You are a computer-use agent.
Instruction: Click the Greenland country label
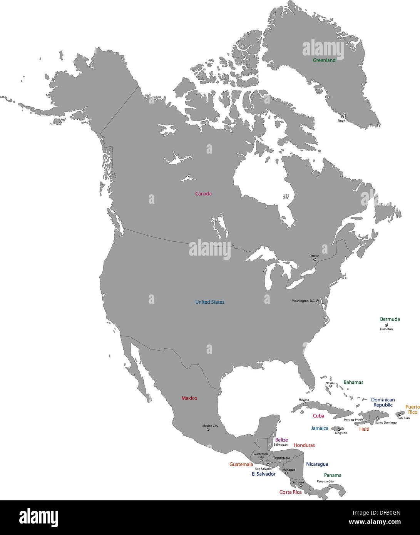[324, 60]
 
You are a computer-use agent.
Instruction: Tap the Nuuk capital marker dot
[342, 117]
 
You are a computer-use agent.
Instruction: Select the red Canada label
[203, 194]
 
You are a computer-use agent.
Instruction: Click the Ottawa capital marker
[315, 259]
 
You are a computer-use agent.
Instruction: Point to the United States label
[209, 302]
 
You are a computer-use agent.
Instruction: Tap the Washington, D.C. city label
[303, 301]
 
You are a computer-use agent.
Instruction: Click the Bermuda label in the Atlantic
[390, 319]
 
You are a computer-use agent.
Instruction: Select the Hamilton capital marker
[387, 325]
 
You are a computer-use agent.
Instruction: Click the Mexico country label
[189, 398]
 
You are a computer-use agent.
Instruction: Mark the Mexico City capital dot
[208, 430]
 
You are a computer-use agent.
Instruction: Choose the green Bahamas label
[353, 383]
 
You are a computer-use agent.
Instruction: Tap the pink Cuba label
[318, 416]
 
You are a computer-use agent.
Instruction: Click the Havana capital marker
[304, 403]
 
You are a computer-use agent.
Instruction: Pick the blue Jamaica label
[320, 428]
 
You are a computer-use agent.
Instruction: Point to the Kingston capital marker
[339, 430]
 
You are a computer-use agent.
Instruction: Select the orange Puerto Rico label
[413, 410]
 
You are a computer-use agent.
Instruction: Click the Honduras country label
[304, 445]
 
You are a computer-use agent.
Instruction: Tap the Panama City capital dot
[330, 488]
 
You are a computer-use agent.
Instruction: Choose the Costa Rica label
[291, 492]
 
